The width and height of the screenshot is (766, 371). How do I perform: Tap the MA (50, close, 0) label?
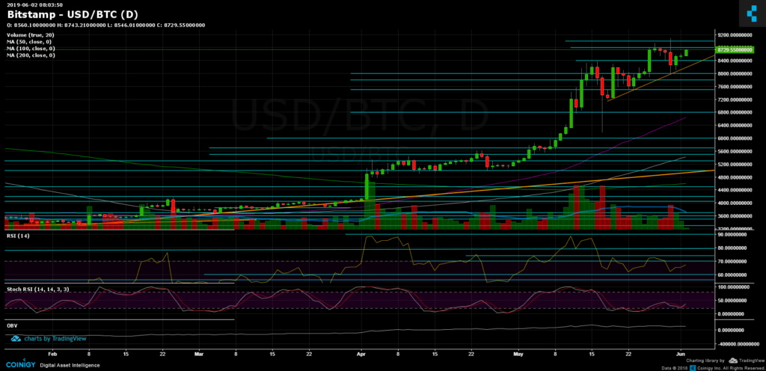(x=28, y=42)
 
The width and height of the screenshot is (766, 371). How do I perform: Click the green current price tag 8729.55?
(x=733, y=49)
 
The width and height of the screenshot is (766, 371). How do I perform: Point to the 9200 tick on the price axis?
(x=733, y=35)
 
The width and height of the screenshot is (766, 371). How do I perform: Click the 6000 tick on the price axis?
(x=733, y=138)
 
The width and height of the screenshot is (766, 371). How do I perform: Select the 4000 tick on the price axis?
(x=733, y=203)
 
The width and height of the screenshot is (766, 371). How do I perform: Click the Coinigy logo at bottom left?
(x=26, y=364)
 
